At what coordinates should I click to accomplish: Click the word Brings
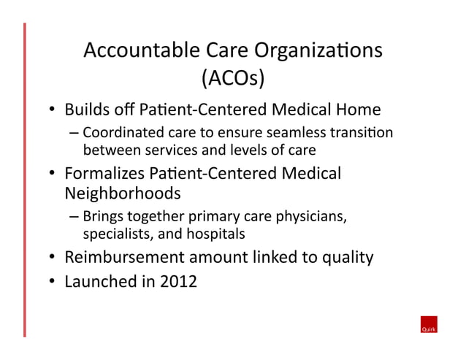pos(102,217)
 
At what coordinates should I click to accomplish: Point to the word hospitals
pos(218,234)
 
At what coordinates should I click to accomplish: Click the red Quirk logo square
pos(428,325)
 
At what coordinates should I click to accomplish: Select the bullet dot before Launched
pos(53,281)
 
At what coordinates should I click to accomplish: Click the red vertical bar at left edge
pos(24,180)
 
